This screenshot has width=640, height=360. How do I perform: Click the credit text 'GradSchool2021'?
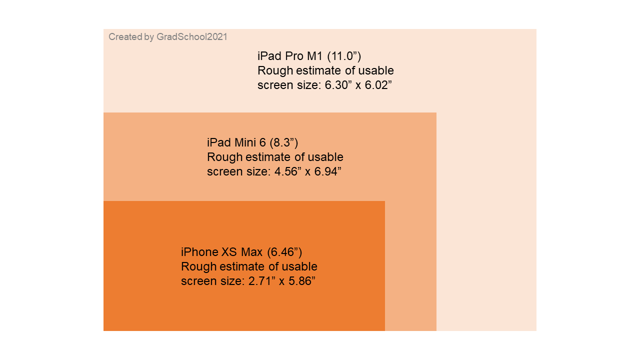(191, 37)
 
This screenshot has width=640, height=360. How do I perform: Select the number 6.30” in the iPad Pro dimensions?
(338, 85)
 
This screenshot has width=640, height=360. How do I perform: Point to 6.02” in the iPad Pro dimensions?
(378, 85)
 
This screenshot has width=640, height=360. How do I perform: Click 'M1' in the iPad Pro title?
(314, 56)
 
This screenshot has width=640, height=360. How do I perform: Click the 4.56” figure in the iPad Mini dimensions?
(288, 171)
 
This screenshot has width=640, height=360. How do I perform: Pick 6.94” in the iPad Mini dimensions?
(327, 171)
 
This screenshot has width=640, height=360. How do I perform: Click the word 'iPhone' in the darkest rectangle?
(200, 252)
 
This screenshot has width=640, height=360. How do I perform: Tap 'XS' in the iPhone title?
(229, 252)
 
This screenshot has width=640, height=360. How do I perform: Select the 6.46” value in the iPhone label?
(285, 252)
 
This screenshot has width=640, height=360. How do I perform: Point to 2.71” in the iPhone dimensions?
(262, 281)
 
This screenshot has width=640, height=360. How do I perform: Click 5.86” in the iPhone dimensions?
(302, 281)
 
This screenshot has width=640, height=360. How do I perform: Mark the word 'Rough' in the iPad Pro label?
(275, 70)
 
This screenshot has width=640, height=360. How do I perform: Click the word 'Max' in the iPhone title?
(251, 252)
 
